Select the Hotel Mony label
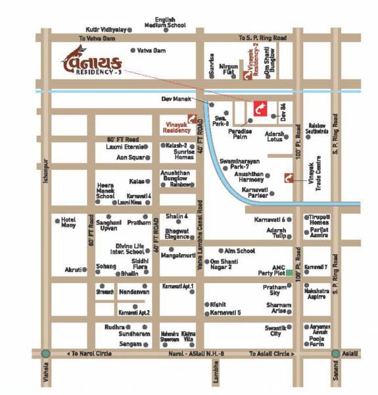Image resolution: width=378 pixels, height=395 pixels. click(69, 222)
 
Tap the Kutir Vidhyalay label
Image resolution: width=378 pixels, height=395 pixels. click(106, 30)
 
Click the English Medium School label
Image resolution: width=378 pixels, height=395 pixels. click(165, 23)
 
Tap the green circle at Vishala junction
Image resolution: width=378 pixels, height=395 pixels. click(45, 354)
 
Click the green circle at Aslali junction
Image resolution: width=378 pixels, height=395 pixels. click(335, 354)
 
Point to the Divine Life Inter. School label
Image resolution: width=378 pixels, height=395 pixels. click(127, 248)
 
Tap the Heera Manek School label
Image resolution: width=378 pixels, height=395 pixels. click(105, 191)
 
